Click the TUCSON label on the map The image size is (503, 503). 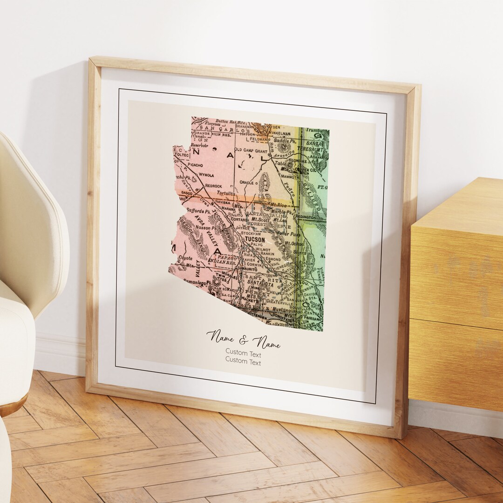click(x=255, y=240)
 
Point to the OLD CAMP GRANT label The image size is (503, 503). click(x=251, y=150)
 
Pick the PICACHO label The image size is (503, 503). click(x=196, y=165)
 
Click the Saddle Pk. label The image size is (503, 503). click(x=286, y=140)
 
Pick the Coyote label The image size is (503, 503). click(x=185, y=258)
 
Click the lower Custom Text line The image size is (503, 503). click(x=243, y=362)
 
